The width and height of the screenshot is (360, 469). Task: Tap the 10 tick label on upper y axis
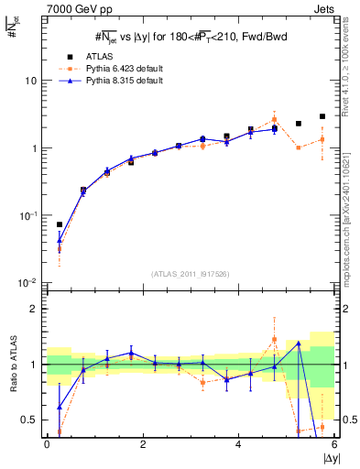(x=30, y=81)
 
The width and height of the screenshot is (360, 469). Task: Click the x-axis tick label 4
(x=238, y=444)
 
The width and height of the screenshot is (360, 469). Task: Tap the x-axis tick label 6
(x=334, y=444)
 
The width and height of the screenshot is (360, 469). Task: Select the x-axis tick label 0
(x=47, y=444)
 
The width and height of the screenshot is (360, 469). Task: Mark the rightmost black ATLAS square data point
(x=322, y=116)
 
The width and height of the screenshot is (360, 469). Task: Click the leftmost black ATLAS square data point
(x=60, y=224)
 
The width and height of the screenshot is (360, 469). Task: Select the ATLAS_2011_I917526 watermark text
(x=190, y=274)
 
